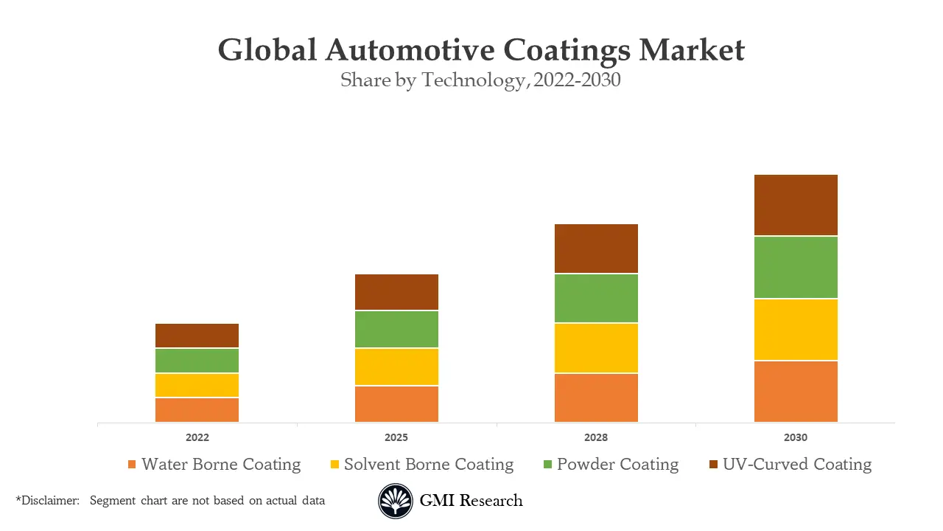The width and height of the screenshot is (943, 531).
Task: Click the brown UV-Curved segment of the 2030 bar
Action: [796, 205]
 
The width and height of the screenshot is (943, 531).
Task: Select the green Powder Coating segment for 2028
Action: [596, 298]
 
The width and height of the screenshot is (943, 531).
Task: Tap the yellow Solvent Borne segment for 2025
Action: [396, 367]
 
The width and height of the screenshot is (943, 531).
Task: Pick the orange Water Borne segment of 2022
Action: [197, 410]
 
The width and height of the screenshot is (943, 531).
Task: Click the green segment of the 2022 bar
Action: [197, 361]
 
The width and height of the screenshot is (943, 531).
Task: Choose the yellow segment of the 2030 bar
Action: [796, 330]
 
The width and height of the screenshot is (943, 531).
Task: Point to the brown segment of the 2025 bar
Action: [396, 292]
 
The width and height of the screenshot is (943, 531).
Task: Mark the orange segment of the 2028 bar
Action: [596, 398]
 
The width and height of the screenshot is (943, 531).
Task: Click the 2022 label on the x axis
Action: [197, 437]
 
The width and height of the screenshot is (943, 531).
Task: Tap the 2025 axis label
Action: [396, 437]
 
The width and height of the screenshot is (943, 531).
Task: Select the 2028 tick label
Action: [596, 437]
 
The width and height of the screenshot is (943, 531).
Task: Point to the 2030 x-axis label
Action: [796, 437]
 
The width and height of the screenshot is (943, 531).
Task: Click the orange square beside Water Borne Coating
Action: [132, 465]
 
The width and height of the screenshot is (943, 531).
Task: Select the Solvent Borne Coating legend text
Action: [429, 465]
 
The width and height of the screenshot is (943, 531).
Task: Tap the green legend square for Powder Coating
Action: [547, 465]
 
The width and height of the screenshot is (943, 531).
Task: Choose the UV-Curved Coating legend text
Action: [797, 465]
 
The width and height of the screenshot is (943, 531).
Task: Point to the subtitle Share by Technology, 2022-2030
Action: [480, 80]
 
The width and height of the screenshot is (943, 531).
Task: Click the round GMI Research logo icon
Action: [396, 502]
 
